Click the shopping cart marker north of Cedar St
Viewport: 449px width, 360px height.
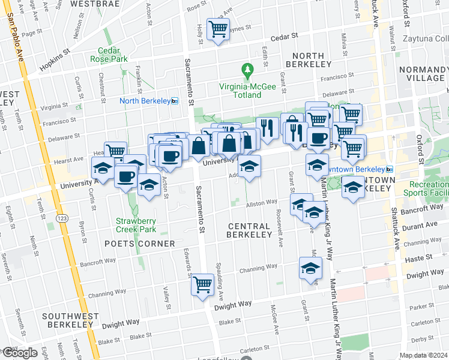click(x=218, y=29)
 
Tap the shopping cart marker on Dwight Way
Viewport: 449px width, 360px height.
click(x=203, y=284)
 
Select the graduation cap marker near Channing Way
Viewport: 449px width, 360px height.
click(x=310, y=268)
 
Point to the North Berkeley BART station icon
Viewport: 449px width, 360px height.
click(x=174, y=101)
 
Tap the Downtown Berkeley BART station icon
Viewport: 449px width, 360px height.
click(x=389, y=170)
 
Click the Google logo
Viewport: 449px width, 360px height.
click(x=19, y=353)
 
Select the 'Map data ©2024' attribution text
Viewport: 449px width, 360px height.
click(x=423, y=355)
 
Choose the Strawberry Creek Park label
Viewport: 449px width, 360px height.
click(x=136, y=225)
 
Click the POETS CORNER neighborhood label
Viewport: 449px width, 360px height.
click(x=139, y=244)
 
